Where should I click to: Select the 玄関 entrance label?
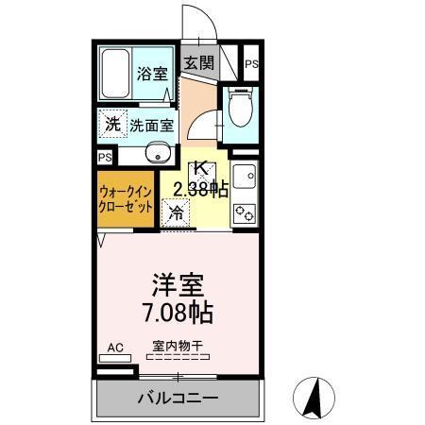tap(199, 64)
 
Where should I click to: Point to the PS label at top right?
tap(251, 64)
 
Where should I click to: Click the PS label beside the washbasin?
tap(105, 158)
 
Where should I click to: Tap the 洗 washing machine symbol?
tap(113, 123)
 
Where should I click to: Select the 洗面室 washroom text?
tap(152, 124)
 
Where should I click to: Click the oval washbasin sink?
tap(157, 154)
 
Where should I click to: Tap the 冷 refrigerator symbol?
tap(177, 212)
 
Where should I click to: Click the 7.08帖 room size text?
tap(178, 310)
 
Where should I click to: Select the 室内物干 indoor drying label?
tap(178, 346)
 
